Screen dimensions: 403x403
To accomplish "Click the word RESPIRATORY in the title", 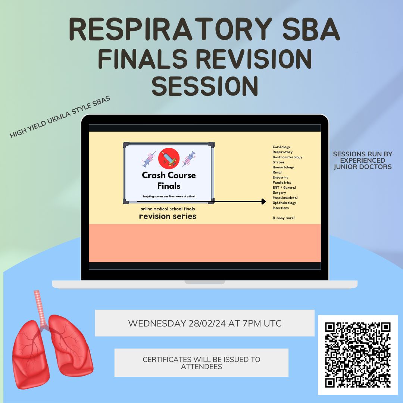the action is (171, 29).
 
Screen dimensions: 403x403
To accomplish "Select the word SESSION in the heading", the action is (205, 86).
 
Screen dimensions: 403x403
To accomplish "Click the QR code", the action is (358, 355).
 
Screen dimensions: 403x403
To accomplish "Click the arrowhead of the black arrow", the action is (264, 201).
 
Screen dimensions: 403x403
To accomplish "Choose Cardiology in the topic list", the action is (281, 147).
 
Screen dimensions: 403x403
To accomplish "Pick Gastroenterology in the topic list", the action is (287, 157).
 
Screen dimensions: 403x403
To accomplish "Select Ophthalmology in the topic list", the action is (284, 203).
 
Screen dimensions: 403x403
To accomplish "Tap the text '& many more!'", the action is (284, 218).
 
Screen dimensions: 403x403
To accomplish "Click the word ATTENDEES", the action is (201, 366).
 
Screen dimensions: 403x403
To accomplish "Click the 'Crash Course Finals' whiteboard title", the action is (169, 181).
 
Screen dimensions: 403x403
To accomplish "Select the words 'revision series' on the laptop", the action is (168, 216).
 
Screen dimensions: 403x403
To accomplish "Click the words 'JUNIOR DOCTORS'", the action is (363, 167).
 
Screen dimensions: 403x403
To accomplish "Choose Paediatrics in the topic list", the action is (282, 182).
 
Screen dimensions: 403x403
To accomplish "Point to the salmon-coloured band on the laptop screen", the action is (205, 243).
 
